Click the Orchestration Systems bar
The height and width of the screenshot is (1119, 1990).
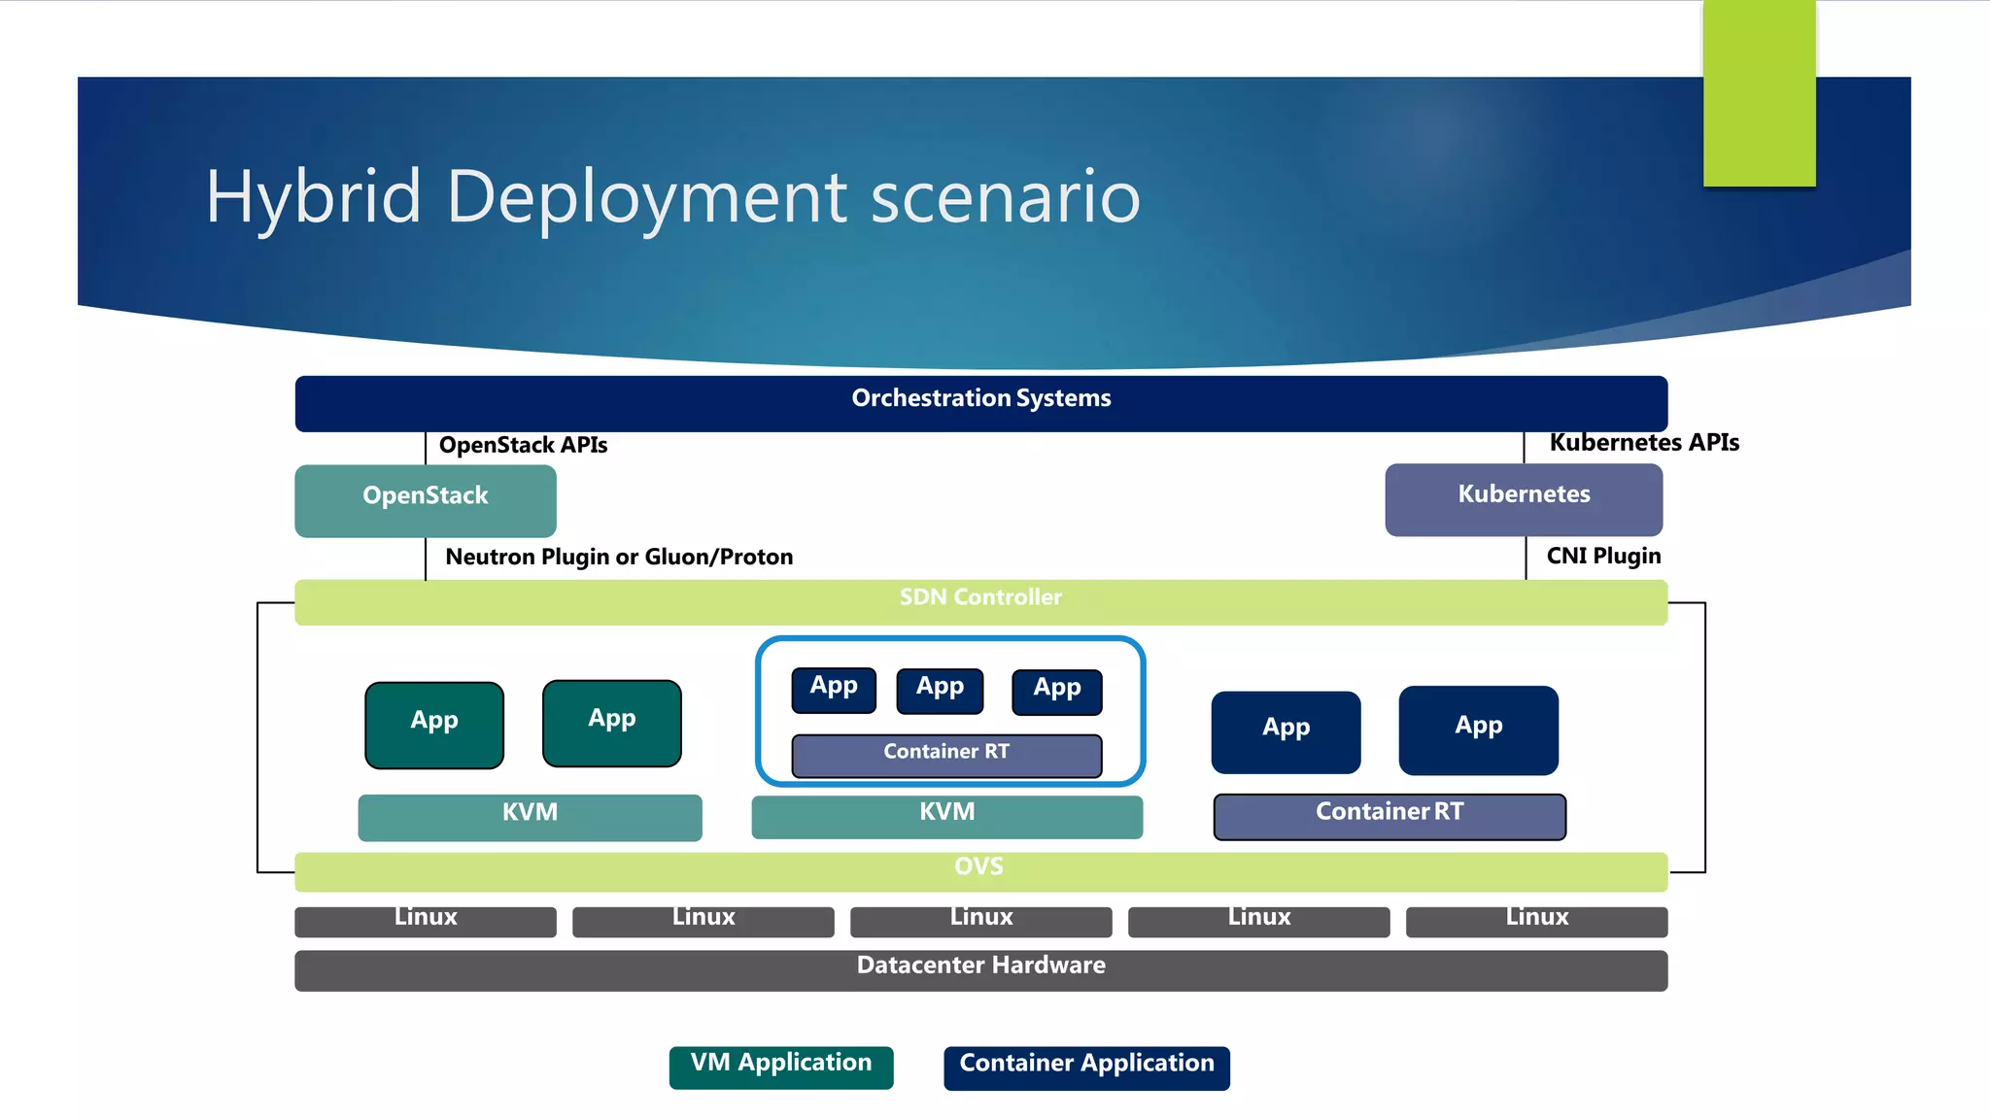(x=980, y=402)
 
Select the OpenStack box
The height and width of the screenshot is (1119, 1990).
(x=425, y=500)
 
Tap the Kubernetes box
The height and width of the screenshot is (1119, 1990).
(x=1523, y=499)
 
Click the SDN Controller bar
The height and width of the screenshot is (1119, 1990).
(x=980, y=601)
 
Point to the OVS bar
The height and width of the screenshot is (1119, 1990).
(x=980, y=870)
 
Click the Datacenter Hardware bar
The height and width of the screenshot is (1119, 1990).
(x=980, y=969)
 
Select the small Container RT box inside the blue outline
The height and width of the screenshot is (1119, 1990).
(x=946, y=755)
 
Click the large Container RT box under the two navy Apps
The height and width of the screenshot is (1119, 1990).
(x=1389, y=816)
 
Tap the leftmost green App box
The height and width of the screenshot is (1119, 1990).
(x=434, y=725)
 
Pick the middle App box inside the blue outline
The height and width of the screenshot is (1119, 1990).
(x=940, y=690)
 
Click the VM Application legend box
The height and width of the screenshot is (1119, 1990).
(x=780, y=1067)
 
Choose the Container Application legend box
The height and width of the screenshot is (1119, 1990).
(x=1085, y=1067)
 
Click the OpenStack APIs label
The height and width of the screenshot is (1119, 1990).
(x=523, y=445)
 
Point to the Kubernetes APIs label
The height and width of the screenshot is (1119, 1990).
(x=1643, y=443)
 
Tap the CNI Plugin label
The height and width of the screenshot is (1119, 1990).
(x=1603, y=556)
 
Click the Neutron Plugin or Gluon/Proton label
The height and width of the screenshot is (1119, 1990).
(x=619, y=557)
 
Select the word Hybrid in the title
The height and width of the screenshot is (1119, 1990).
(x=313, y=198)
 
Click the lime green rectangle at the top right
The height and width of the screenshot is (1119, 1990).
(x=1759, y=92)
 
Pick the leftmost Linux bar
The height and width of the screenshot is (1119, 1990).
(x=425, y=921)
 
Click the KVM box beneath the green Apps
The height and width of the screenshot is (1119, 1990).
(x=530, y=816)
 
